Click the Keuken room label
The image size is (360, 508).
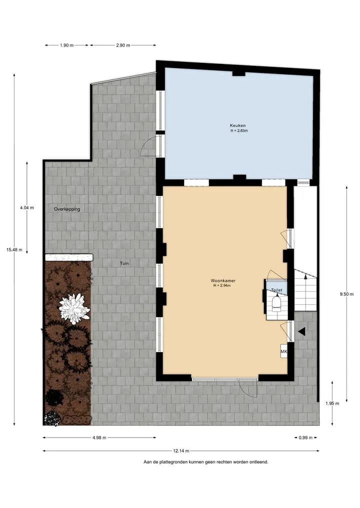coord(237,125)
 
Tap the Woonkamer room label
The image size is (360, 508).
coord(223,281)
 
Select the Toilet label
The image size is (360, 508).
coord(276,290)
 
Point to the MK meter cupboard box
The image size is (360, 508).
coord(284,352)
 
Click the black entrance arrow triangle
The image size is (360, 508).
coord(301,331)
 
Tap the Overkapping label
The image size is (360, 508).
coord(67,209)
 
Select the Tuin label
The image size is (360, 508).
coord(124,263)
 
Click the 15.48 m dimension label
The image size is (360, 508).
coord(14,250)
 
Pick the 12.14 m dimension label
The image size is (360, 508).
coord(181,451)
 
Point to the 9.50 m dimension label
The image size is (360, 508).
coord(346,294)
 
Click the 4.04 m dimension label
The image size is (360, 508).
coord(26,208)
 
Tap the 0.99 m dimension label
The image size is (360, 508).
coord(305,438)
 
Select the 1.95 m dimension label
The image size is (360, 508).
coord(332,404)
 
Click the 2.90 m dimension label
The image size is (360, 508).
coord(123,45)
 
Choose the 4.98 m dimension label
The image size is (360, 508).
coord(99,438)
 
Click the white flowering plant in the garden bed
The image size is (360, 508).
coord(74,309)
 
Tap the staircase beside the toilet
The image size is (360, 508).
coord(305,290)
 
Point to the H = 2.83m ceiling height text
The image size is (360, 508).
coord(239,131)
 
